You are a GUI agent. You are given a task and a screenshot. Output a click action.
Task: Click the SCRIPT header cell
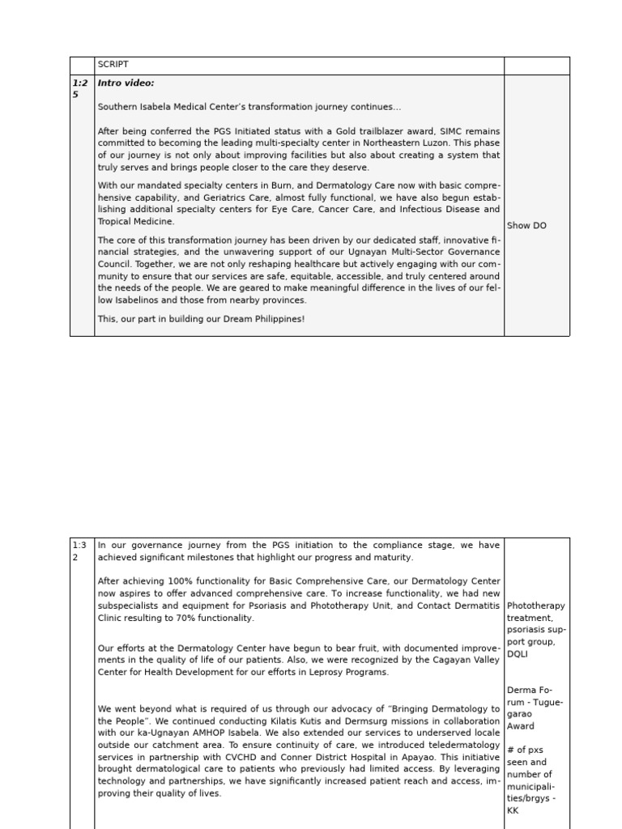[x=113, y=65]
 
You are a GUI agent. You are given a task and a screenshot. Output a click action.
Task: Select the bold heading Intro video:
[x=126, y=83]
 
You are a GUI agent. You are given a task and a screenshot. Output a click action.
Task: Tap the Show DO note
[x=526, y=226]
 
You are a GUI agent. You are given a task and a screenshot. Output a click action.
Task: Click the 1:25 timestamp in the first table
[x=81, y=88]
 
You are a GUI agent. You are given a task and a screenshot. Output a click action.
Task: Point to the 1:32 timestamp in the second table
[x=81, y=551]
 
